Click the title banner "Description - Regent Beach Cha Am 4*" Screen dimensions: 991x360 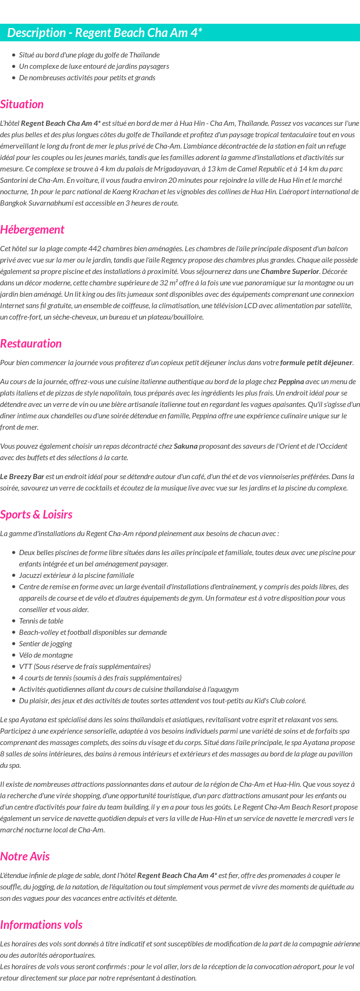click(x=104, y=33)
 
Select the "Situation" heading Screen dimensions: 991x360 click(x=22, y=104)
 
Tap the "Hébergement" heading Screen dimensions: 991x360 click(x=32, y=229)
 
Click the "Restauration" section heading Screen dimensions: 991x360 click(x=31, y=343)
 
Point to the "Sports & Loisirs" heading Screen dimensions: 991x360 click(x=36, y=514)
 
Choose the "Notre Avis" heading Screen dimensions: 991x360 click(x=25, y=856)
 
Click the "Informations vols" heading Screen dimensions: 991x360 click(x=41, y=925)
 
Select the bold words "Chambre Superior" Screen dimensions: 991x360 click(x=290, y=272)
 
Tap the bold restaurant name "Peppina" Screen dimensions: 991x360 click(x=291, y=381)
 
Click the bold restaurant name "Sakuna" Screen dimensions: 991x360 click(x=185, y=446)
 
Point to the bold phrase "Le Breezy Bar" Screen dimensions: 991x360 click(x=22, y=476)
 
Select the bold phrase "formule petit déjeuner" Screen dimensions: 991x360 click(x=316, y=363)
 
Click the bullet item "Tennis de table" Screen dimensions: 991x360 click(x=41, y=621)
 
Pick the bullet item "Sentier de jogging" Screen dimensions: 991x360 click(x=46, y=643)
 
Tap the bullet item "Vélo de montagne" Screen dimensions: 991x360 click(x=46, y=655)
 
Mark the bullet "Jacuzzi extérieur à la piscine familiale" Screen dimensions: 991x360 click(x=76, y=575)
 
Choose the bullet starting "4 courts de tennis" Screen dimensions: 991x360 click(x=100, y=678)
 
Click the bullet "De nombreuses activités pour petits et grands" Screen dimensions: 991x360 click(x=87, y=77)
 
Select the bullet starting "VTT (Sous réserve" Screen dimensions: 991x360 click(x=85, y=666)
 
